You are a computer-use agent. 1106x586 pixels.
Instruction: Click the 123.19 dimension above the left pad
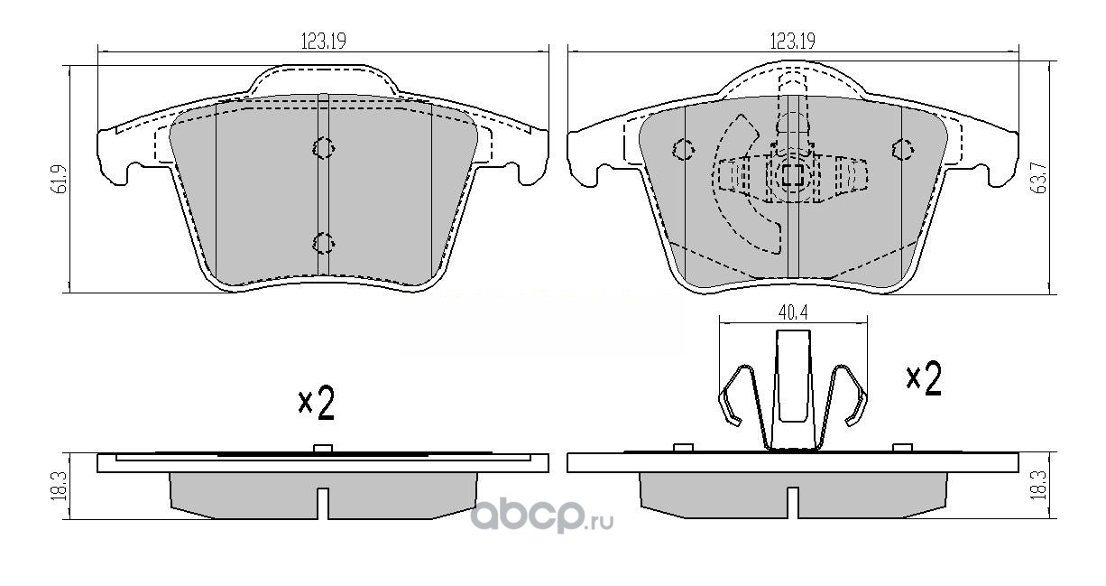[x=322, y=40]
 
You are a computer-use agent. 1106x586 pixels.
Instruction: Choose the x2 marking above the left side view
[x=317, y=404]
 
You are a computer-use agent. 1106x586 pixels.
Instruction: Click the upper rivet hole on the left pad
[x=323, y=147]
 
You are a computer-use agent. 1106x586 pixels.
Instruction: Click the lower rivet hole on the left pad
[x=323, y=241]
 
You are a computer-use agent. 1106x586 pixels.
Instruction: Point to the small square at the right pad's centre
[x=792, y=175]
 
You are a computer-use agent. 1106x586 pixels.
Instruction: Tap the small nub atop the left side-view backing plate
[x=323, y=448]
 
